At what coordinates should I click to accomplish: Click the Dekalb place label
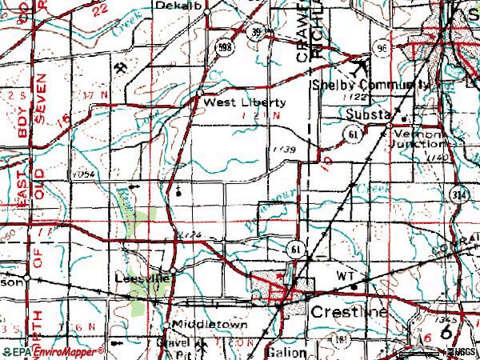click(190, 6)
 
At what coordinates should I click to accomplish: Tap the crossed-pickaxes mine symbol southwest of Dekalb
click(120, 66)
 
